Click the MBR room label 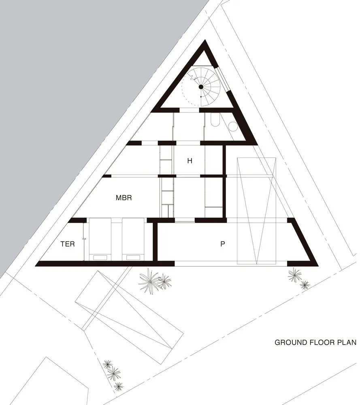click(124, 198)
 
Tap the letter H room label click(189, 161)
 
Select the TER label click(68, 244)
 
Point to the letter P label click(222, 244)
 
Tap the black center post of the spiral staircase click(200, 87)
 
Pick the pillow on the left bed click(100, 257)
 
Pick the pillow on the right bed click(133, 257)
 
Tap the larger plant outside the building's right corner click(294, 275)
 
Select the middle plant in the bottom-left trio click(114, 373)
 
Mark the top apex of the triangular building click(205, 43)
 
